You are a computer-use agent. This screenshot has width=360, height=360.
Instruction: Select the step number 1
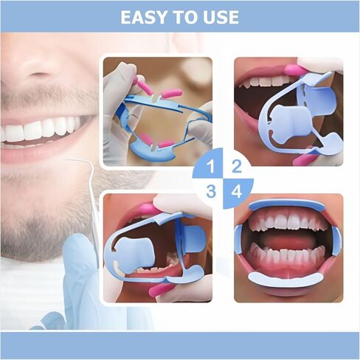click(210, 167)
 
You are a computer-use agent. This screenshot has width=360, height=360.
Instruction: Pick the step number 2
click(236, 166)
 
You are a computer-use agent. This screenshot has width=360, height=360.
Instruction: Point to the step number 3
click(211, 191)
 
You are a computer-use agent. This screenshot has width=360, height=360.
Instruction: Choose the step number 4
click(237, 191)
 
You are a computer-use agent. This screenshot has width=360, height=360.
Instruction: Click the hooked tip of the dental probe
click(68, 160)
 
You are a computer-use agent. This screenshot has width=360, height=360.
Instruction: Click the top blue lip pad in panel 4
click(287, 204)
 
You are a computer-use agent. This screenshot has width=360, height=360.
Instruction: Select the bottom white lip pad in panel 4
click(285, 280)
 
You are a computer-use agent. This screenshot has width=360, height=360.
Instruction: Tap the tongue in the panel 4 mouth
click(285, 240)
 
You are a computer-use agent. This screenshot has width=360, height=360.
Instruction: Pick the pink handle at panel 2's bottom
click(303, 159)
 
